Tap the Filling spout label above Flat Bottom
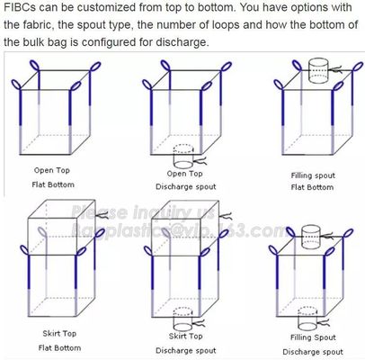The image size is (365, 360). point(313,175)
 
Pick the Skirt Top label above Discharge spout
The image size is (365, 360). point(182,336)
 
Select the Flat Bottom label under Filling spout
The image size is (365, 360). point(313,187)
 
